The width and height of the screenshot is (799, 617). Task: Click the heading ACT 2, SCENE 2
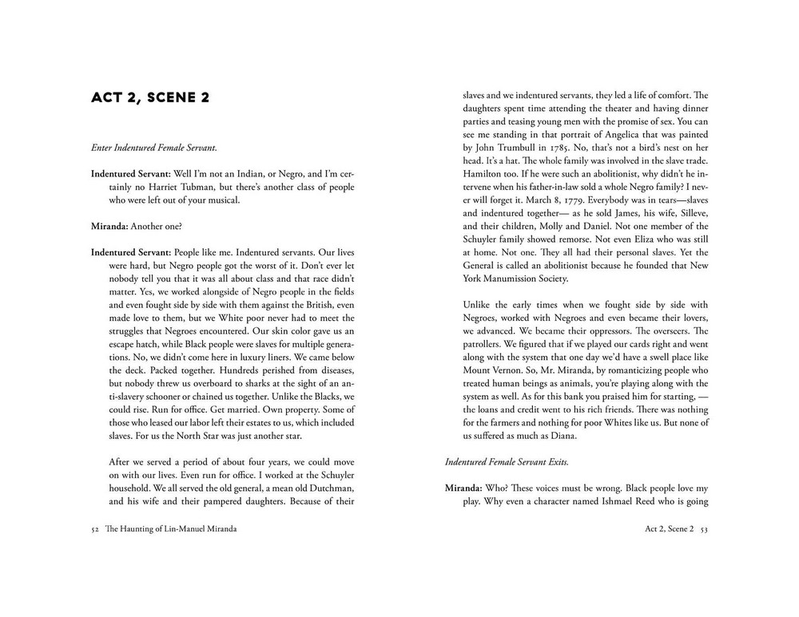[150, 98]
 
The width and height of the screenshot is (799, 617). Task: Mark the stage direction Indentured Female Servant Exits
[507, 461]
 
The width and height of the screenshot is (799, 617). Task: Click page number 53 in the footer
[703, 528]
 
